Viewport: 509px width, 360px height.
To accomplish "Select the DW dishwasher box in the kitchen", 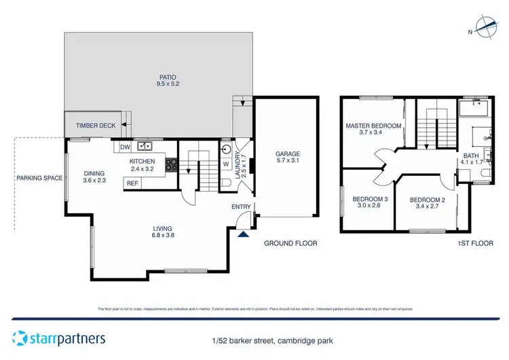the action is click(125, 146).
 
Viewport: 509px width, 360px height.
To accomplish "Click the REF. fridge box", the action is click(132, 183).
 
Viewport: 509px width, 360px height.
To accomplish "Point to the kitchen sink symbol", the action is click(145, 146).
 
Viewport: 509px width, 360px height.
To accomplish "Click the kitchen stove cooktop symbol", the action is click(171, 164).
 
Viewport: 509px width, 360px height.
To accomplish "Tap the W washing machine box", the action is click(225, 163).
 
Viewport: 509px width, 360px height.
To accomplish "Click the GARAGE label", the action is click(288, 154).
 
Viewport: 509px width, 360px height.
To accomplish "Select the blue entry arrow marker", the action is click(244, 234).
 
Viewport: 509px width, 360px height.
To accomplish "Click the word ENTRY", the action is click(241, 207).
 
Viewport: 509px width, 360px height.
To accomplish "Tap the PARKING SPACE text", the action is click(40, 179).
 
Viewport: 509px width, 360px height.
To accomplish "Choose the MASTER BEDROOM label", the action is click(373, 126).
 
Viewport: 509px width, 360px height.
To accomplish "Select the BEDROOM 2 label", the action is click(427, 200).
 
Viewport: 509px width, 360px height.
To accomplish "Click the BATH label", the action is click(471, 156).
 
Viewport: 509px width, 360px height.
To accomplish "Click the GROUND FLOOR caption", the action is click(290, 243).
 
